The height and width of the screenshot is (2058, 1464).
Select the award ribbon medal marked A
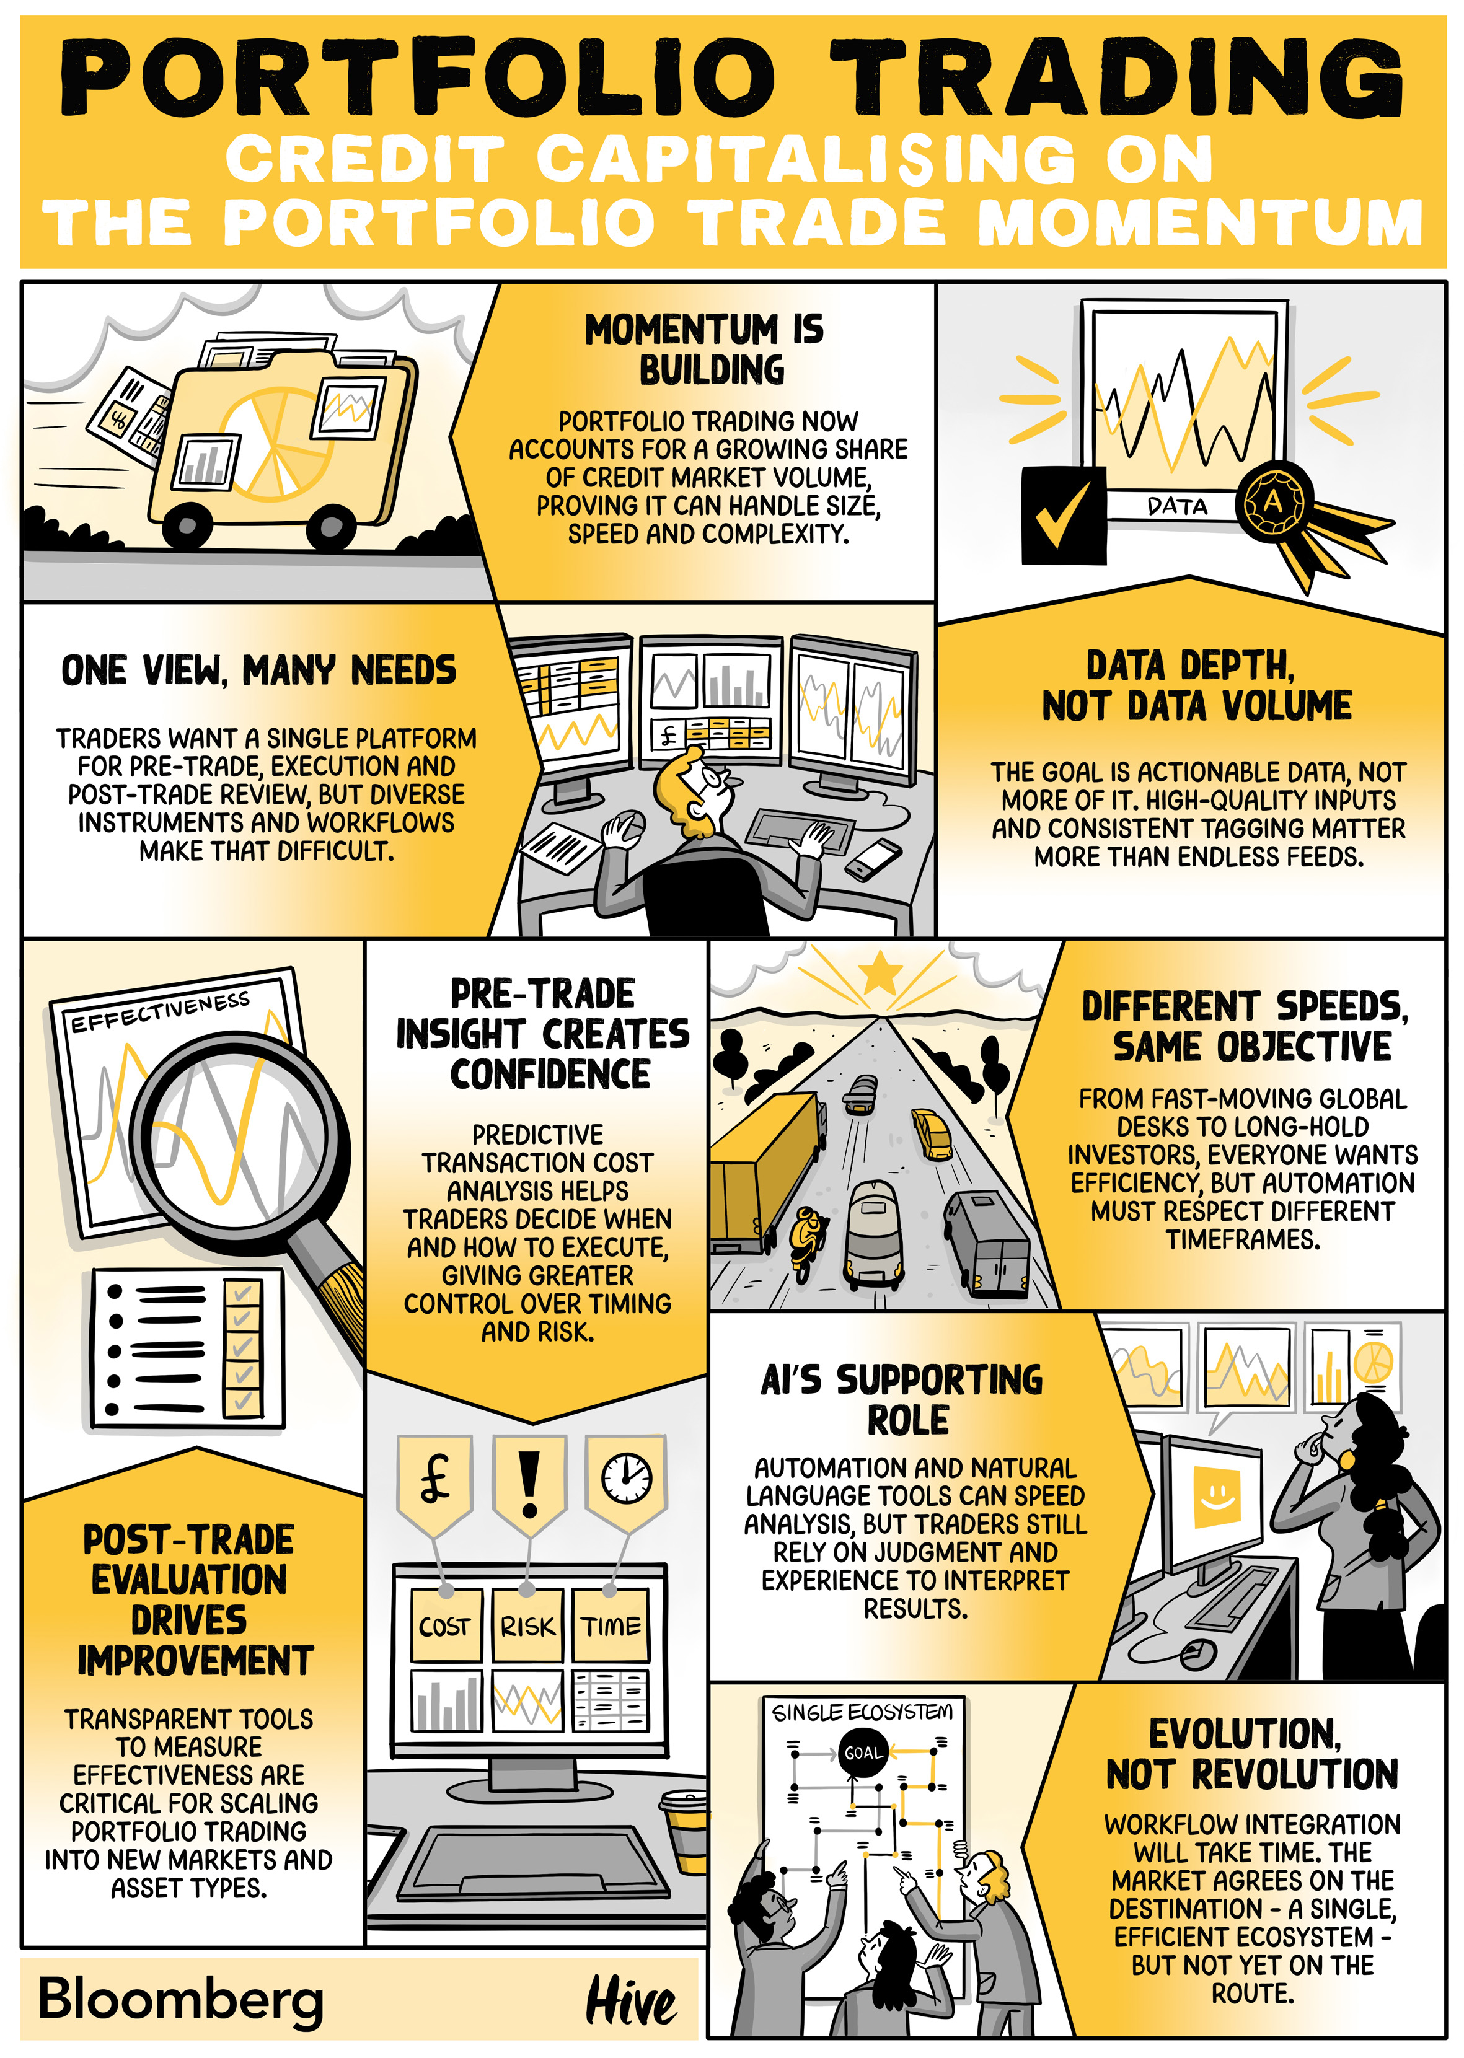pyautogui.click(x=1273, y=501)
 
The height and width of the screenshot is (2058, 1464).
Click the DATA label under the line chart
pyautogui.click(x=1177, y=506)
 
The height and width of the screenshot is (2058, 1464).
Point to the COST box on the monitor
pyautogui.click(x=445, y=1625)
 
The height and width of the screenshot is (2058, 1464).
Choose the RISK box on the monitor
pyautogui.click(x=527, y=1625)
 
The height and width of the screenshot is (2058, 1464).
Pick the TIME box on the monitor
pyautogui.click(x=611, y=1625)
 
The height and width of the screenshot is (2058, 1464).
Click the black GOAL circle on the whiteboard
pyautogui.click(x=863, y=1752)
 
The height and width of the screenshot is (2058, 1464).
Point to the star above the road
pyautogui.click(x=880, y=973)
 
